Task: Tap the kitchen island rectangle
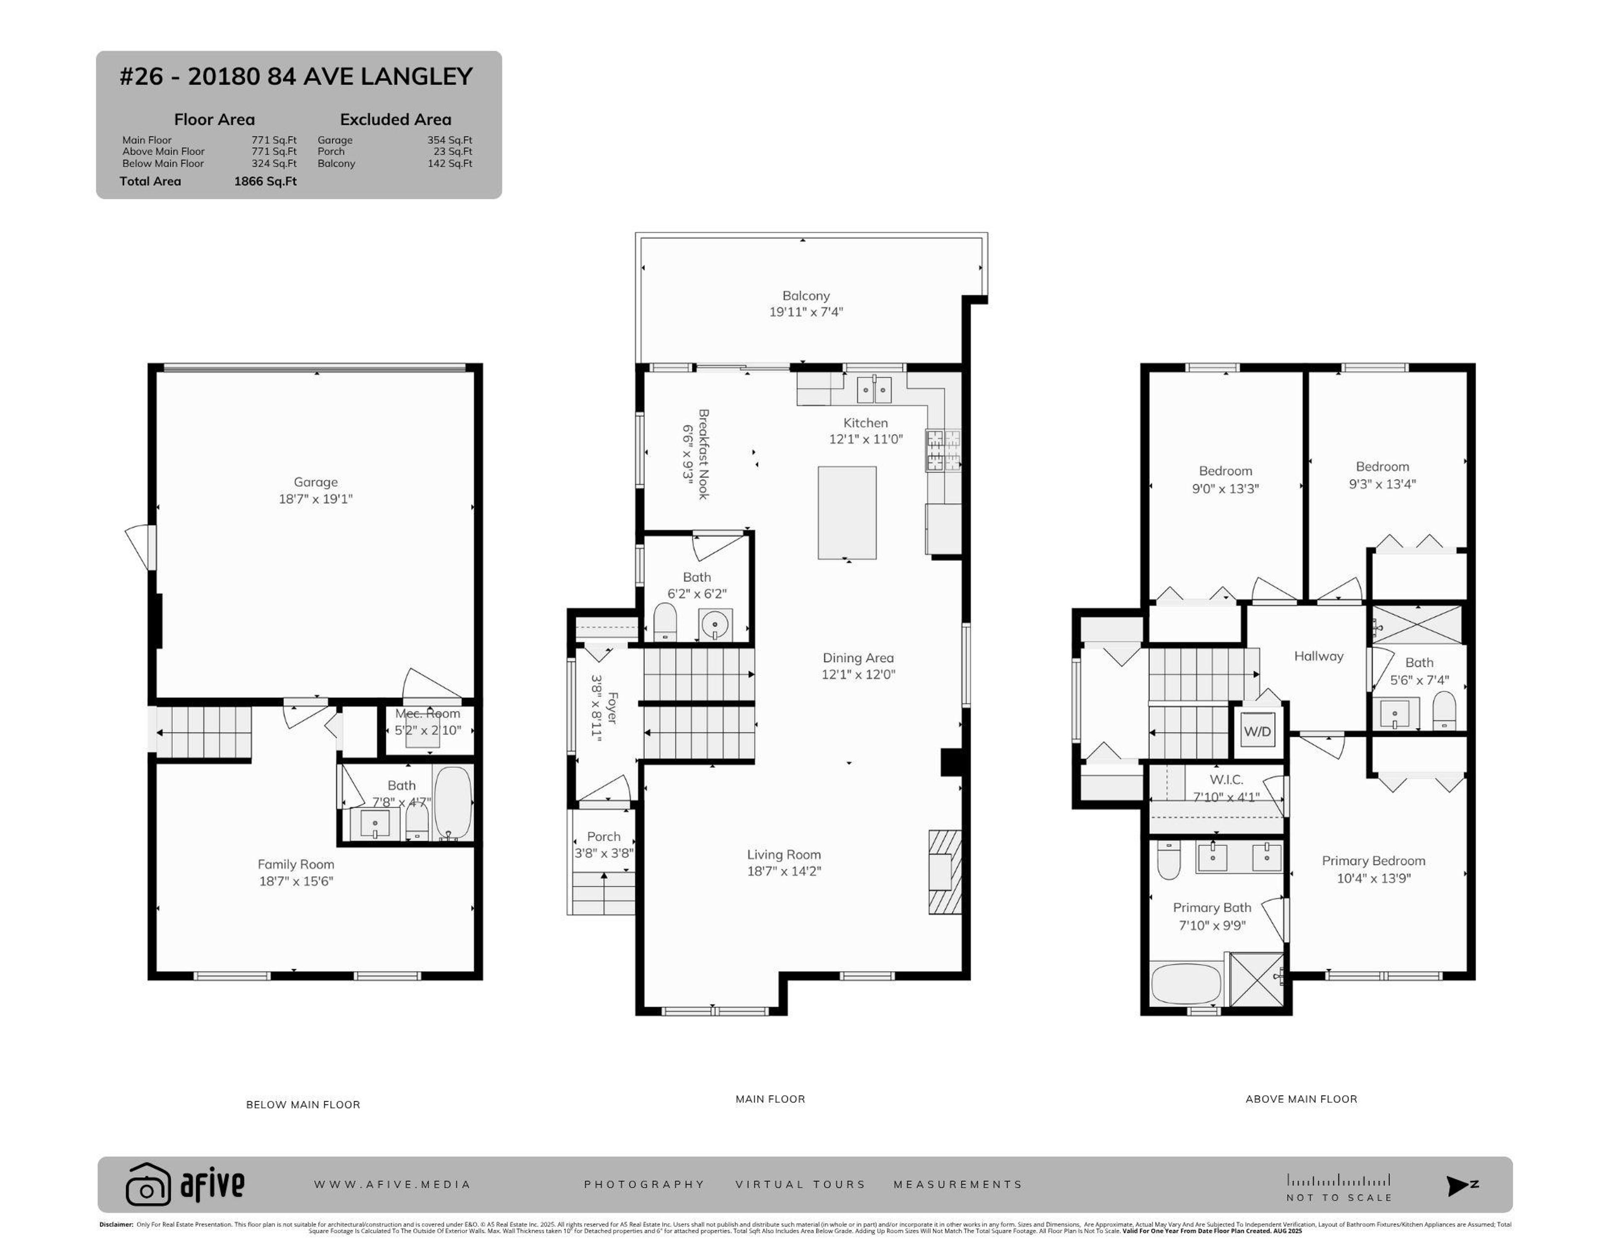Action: tap(847, 513)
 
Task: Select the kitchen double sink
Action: tap(874, 389)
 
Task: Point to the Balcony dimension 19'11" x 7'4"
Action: tap(805, 312)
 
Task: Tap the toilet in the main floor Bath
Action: tap(665, 622)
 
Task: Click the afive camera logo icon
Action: tap(148, 1184)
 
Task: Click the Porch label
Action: tap(603, 836)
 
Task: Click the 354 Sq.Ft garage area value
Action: tap(449, 139)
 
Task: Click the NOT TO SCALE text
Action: tap(1339, 1197)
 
